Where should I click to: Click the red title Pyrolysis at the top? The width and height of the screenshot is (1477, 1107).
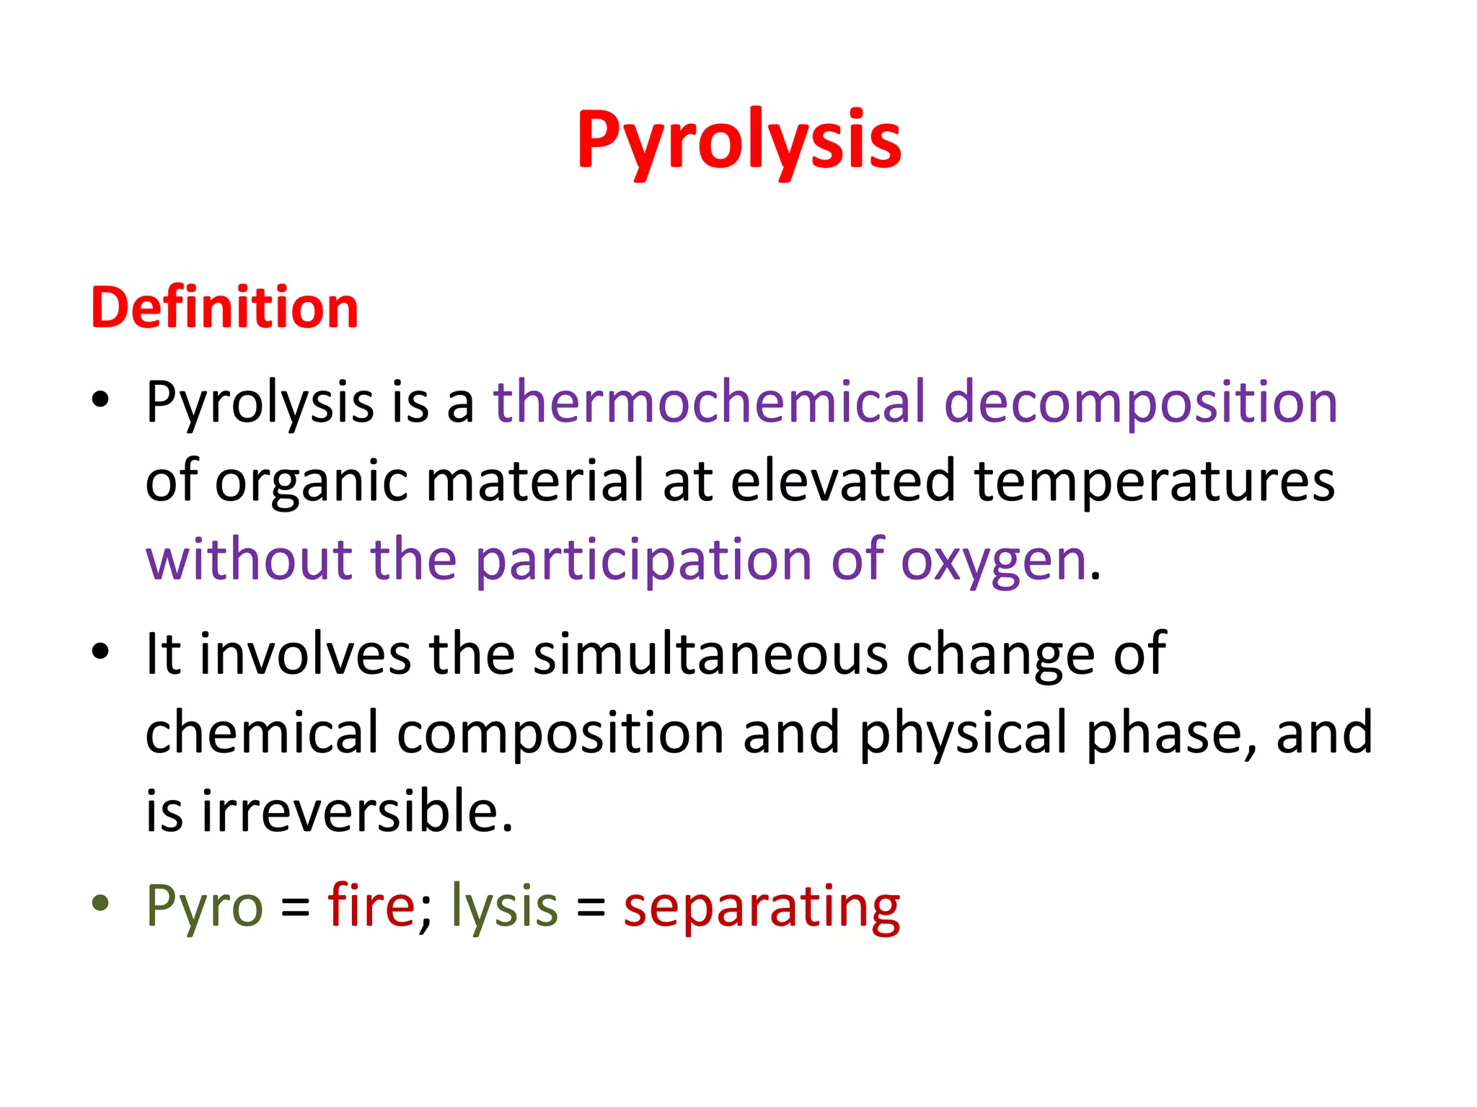click(x=738, y=141)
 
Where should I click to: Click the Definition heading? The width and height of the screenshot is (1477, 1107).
click(x=224, y=308)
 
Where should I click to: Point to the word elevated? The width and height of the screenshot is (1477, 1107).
click(x=843, y=481)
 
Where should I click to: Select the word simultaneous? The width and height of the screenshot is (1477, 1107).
click(x=710, y=654)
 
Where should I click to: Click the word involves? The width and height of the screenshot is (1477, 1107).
click(x=305, y=654)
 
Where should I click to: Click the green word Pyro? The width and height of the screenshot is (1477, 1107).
click(x=204, y=907)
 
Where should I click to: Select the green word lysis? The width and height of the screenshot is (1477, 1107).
click(x=504, y=907)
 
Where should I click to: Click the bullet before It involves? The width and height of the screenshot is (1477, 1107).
click(x=101, y=652)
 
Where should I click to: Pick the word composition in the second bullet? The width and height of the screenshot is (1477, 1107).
click(x=560, y=734)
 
